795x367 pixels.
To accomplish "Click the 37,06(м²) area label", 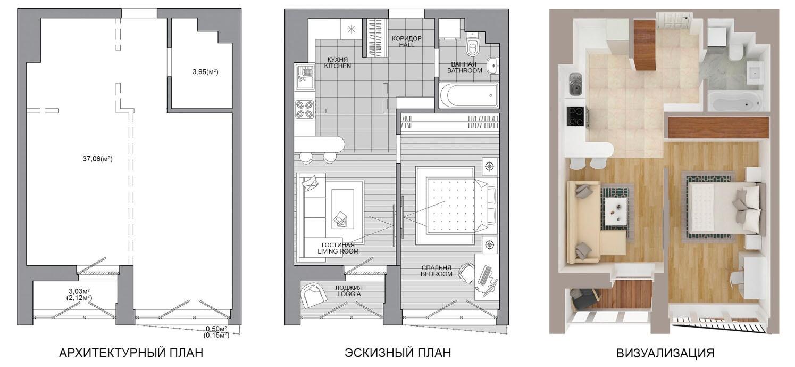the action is coord(98,159).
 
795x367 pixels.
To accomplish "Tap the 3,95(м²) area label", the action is coord(205,72).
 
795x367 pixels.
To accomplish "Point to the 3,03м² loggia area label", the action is coord(79,291).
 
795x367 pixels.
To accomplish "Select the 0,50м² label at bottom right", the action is coord(216,329).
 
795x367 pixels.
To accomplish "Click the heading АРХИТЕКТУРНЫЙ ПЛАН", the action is coord(131,353).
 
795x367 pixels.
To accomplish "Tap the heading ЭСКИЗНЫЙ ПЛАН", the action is coord(398,353).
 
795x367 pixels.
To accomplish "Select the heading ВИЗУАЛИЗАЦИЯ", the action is coord(665,353).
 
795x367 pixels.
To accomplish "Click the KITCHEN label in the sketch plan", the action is coord(338,66).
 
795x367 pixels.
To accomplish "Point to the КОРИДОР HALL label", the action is coord(406,42).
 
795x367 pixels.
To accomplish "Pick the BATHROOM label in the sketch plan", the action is coord(464,70).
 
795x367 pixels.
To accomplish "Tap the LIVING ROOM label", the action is coord(338,251).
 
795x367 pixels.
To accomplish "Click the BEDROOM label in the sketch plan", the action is coord(437,274).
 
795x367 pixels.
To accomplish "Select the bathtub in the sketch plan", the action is coord(468,95).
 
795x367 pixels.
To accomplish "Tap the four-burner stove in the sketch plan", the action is coord(305,109).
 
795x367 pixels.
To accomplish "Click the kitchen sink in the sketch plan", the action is coord(305,77).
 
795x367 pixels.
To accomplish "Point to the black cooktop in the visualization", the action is coord(576,116).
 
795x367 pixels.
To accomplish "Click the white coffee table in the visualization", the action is coord(617,211).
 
